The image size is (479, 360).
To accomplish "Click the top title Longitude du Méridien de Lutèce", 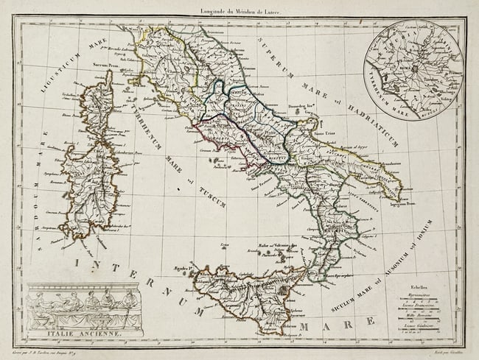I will pyautogui.click(x=239, y=9).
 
